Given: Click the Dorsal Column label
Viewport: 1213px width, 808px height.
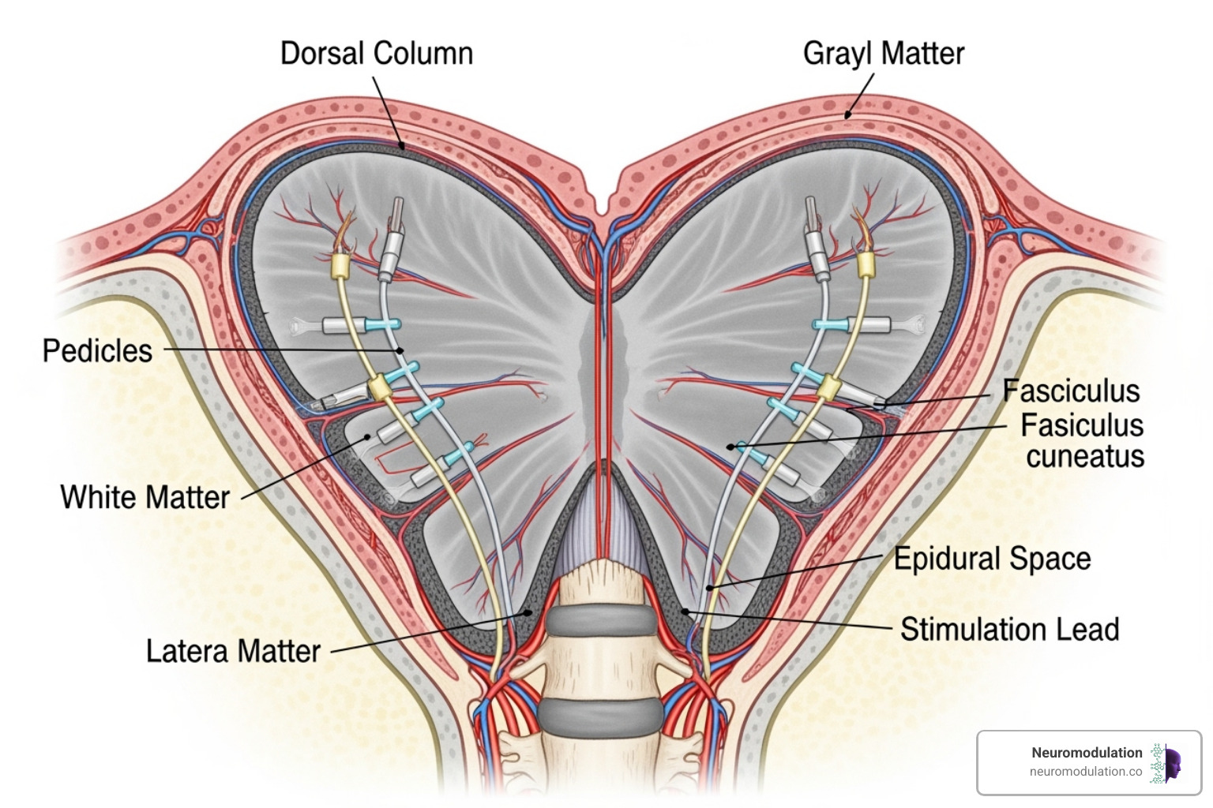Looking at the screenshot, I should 377,54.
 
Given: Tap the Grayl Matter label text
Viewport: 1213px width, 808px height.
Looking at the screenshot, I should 883,54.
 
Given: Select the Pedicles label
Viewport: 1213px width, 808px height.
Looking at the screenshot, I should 97,351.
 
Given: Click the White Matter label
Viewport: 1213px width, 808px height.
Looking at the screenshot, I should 145,498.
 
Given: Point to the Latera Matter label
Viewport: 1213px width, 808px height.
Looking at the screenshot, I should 233,652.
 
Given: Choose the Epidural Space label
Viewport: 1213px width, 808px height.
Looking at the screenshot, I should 992,559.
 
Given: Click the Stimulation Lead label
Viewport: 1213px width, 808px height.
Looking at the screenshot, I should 1009,630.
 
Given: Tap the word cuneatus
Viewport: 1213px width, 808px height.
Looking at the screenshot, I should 1085,457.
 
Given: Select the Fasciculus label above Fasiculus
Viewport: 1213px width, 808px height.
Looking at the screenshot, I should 1071,391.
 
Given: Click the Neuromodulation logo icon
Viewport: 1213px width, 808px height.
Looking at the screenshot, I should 1166,763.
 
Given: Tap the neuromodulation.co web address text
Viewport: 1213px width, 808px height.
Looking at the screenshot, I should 1085,772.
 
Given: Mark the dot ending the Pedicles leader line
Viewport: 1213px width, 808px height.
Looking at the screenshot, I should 400,350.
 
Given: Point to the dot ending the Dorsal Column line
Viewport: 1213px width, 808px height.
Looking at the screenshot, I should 402,145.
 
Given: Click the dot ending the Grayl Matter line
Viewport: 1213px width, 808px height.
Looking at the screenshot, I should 848,115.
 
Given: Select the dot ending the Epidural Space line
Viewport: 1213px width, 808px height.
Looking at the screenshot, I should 710,588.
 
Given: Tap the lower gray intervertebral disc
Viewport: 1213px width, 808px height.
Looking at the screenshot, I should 599,714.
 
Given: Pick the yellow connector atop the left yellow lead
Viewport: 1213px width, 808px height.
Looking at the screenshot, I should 341,265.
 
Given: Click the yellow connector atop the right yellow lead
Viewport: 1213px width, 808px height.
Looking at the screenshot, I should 866,264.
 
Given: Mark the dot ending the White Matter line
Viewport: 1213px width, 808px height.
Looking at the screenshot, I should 367,436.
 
